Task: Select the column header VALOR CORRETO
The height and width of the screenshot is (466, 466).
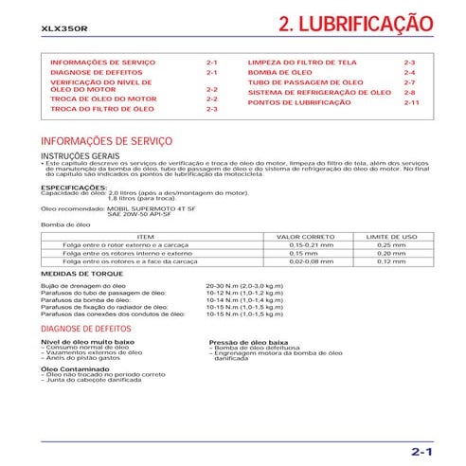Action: [305, 236]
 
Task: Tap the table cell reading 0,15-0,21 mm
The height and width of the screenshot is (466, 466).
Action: [305, 244]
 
